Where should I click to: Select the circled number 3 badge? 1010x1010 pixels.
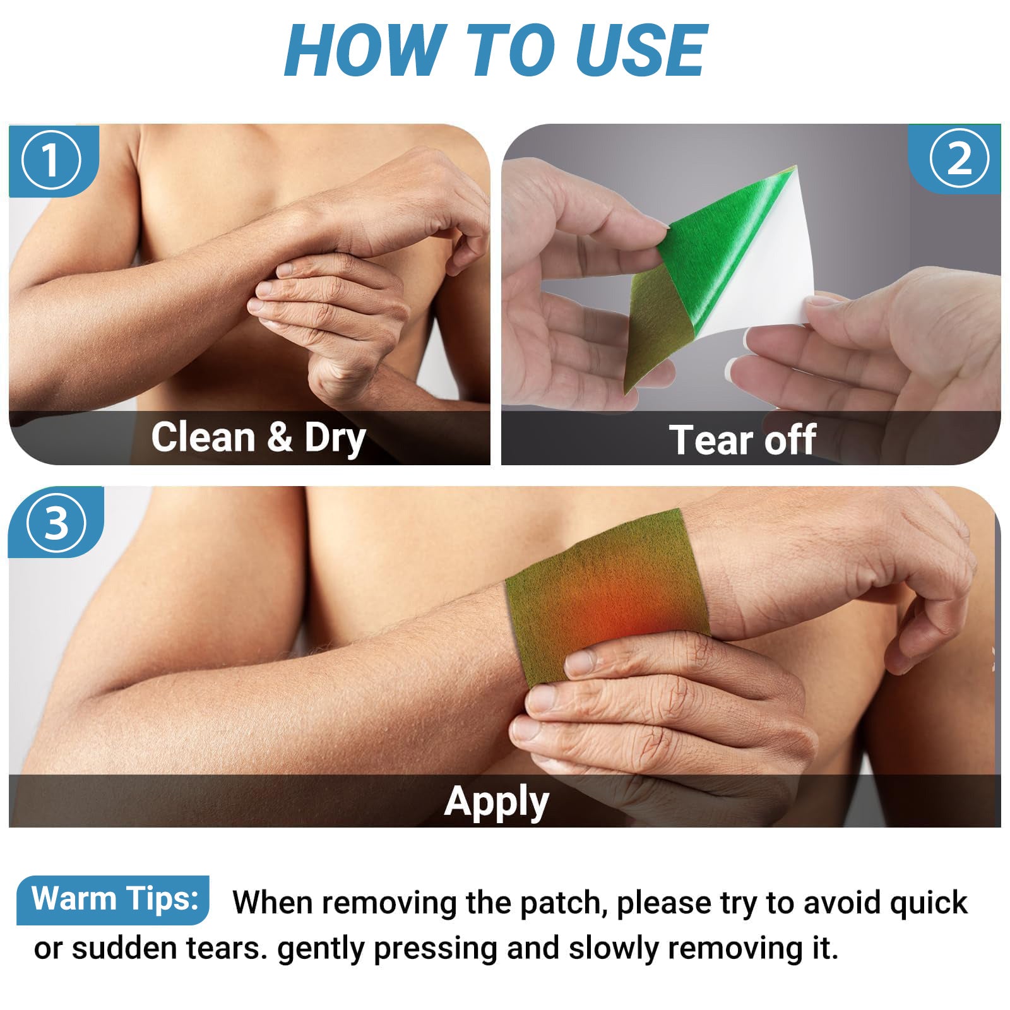(57, 523)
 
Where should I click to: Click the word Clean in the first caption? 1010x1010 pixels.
(203, 437)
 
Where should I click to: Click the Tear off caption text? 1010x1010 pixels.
(742, 439)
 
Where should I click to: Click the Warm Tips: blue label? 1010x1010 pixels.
(114, 899)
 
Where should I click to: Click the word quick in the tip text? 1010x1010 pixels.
(928, 903)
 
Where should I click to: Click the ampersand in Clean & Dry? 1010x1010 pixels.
(280, 437)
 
